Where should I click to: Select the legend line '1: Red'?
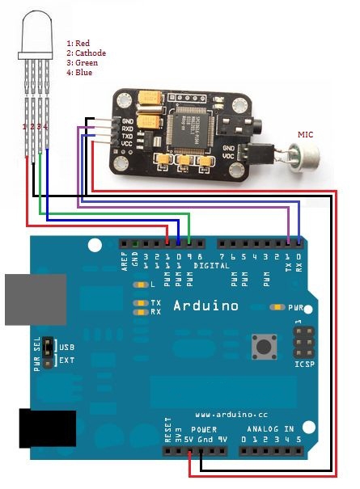pyautogui.click(x=79, y=42)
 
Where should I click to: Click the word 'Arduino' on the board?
pyautogui.click(x=206, y=306)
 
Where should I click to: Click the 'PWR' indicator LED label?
pyautogui.click(x=297, y=308)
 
